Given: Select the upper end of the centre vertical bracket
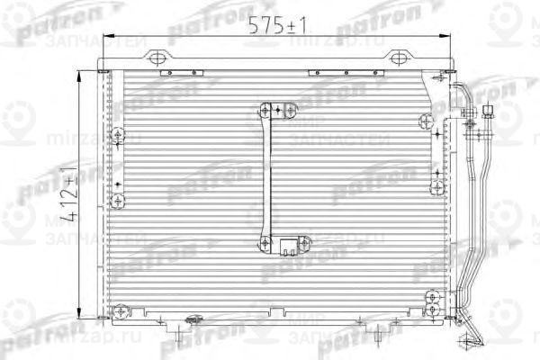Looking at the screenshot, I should point(267,111).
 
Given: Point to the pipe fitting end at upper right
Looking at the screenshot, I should point(489,113).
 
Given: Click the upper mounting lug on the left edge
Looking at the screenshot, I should point(118,136).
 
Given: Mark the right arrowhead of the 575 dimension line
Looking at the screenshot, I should point(445,38).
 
